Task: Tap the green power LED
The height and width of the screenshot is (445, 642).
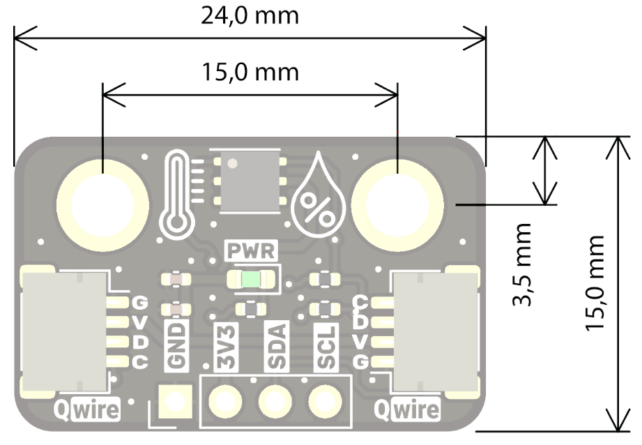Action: tap(251, 280)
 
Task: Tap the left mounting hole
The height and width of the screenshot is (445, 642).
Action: tap(102, 203)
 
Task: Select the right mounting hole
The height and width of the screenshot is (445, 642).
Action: tap(397, 203)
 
